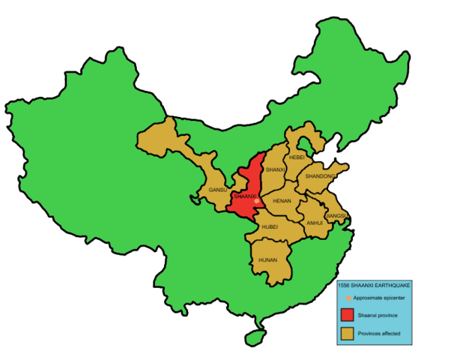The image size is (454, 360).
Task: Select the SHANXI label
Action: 276,170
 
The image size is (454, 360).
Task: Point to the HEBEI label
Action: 297,157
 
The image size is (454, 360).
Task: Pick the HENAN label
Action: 282,201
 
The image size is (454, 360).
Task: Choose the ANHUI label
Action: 315,223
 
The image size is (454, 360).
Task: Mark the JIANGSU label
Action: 336,216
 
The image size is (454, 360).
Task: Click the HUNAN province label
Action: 267,259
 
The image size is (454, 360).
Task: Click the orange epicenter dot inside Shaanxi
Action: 256,201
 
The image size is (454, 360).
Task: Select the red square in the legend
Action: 347,315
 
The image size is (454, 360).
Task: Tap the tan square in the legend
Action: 347,332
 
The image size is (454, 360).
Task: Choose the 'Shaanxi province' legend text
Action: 378,315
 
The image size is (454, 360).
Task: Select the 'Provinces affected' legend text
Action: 380,333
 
